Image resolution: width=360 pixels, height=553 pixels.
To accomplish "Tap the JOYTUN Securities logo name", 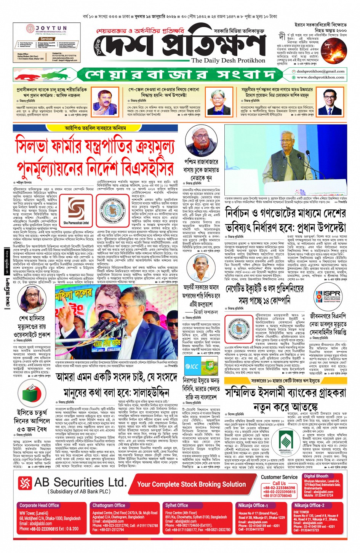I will coord(51,29).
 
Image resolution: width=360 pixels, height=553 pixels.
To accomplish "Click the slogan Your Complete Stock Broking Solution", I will coord(191,484).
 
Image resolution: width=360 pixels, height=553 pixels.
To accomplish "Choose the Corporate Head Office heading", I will coord(39,505).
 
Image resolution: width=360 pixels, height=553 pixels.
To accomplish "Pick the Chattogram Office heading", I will coord(109,505).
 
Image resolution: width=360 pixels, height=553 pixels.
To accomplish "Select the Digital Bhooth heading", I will coord(316,476).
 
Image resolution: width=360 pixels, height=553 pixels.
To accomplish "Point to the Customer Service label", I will coord(279,477).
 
